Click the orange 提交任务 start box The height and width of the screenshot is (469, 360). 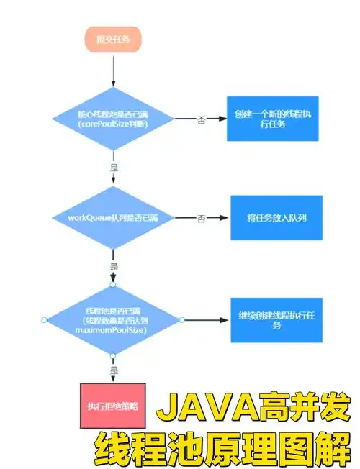[x=114, y=40]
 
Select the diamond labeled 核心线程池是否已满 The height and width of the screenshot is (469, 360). [x=113, y=119]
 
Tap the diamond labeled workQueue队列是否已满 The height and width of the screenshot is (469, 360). [x=113, y=217]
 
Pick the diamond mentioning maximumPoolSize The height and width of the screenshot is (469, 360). [x=113, y=319]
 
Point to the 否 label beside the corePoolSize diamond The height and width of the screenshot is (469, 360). [x=202, y=119]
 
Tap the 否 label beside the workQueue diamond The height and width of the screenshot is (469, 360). [x=202, y=217]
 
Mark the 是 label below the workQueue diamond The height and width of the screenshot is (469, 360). [x=113, y=265]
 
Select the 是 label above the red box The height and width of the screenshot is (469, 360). [x=113, y=370]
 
